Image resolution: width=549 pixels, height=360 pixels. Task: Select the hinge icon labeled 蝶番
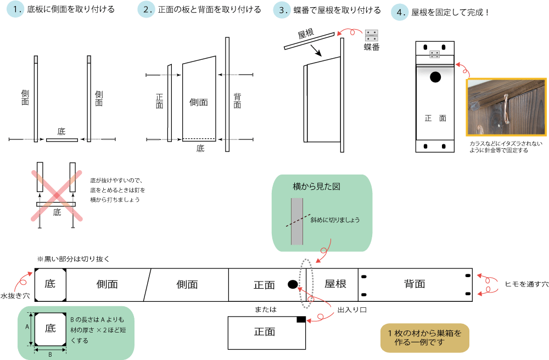coord(372,36)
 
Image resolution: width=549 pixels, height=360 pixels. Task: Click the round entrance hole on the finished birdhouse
coord(435,77)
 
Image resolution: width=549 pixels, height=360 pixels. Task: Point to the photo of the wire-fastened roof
coord(506,107)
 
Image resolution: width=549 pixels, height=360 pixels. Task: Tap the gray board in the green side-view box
coord(297,221)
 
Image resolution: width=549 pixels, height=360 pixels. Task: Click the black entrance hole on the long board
coord(293,284)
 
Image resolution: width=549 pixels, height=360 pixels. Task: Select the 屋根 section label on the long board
coord(335,284)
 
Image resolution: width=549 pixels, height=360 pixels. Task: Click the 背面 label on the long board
coord(414,284)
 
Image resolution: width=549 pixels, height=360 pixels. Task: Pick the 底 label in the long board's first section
coord(50,284)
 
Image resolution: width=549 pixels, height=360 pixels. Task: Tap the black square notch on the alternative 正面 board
coord(301,319)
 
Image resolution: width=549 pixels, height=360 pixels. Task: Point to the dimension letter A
coord(27,326)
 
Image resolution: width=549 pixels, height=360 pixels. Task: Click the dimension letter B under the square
coord(50,354)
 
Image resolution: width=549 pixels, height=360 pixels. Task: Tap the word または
coord(265,310)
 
